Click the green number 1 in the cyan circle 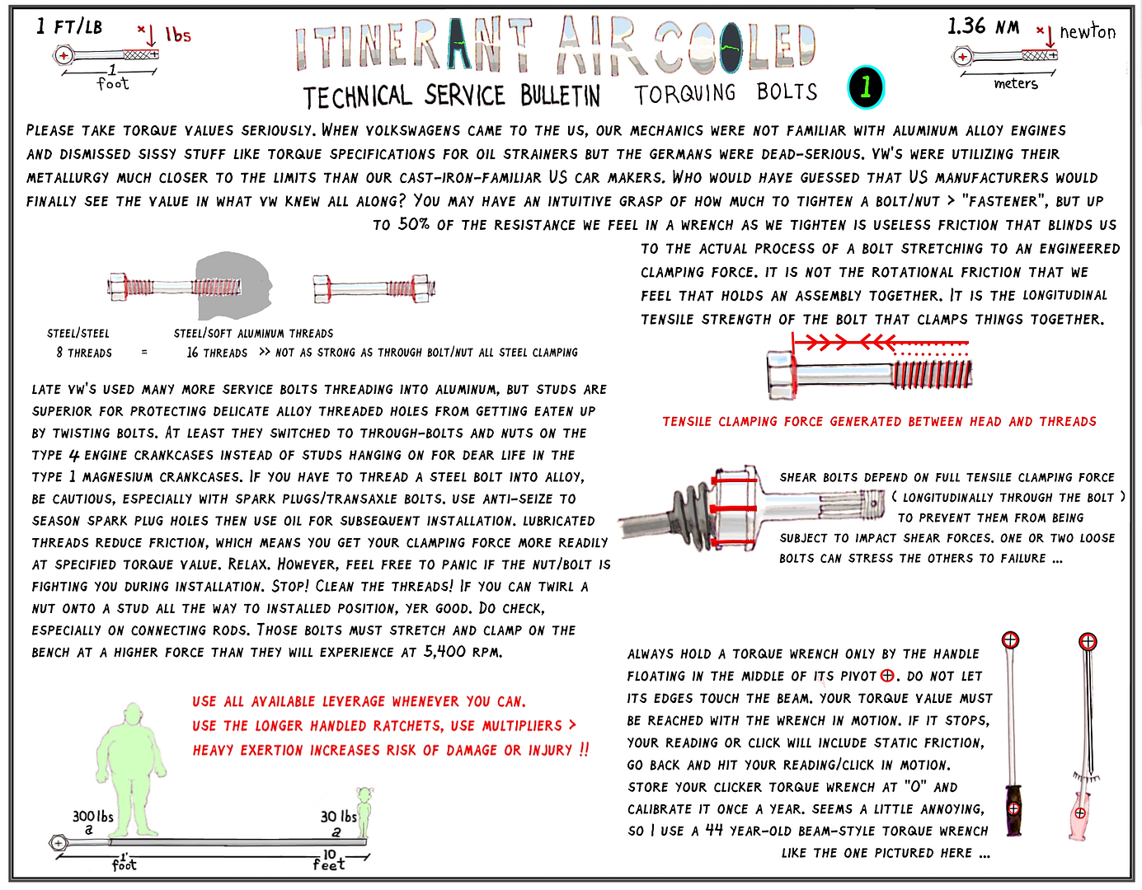point(866,87)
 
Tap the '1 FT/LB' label point(69,26)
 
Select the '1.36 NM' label point(983,26)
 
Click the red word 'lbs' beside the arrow point(177,35)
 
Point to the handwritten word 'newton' point(1088,32)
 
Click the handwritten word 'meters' point(1015,84)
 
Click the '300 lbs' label point(92,817)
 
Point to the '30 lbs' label point(338,817)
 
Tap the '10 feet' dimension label point(329,860)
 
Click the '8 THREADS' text point(84,353)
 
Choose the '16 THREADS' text point(217,353)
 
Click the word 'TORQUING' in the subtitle point(684,93)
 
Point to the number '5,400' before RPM point(444,651)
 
